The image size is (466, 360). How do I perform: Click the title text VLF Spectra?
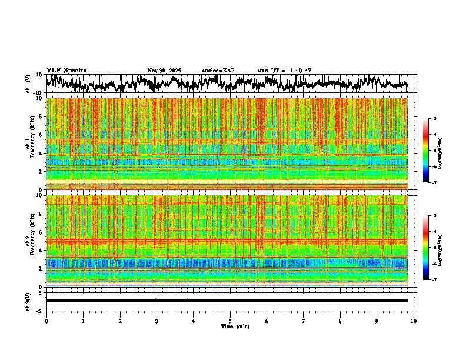(66, 70)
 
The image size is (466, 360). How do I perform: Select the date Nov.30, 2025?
(164, 71)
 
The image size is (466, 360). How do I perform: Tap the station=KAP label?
(218, 71)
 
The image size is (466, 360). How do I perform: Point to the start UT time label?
(285, 71)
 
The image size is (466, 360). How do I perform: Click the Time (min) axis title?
(235, 326)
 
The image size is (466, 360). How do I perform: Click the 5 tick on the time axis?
(230, 321)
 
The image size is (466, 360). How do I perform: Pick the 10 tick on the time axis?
(414, 321)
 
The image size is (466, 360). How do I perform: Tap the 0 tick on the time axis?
(46, 321)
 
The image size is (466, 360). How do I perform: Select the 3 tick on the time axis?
(157, 321)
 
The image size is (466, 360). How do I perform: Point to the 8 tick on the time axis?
(340, 321)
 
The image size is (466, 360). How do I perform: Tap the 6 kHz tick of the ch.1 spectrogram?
(41, 135)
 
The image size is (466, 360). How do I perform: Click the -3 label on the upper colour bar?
(434, 119)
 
